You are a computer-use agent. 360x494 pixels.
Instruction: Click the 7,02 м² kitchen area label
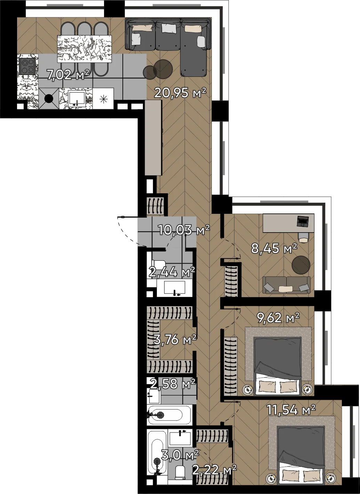[68, 75]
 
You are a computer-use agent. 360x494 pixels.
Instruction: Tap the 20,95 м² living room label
[180, 92]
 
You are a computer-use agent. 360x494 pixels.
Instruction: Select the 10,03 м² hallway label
[184, 230]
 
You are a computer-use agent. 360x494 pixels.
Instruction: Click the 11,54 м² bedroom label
[291, 410]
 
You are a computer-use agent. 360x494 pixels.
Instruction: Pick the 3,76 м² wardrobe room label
[175, 339]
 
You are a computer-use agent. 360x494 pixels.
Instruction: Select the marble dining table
[84, 49]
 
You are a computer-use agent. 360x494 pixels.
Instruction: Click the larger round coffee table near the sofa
[163, 69]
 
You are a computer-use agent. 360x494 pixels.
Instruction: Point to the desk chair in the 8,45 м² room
[303, 237]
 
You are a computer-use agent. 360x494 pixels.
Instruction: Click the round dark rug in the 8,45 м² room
[301, 265]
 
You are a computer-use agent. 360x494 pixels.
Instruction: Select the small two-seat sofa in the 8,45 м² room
[286, 285]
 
